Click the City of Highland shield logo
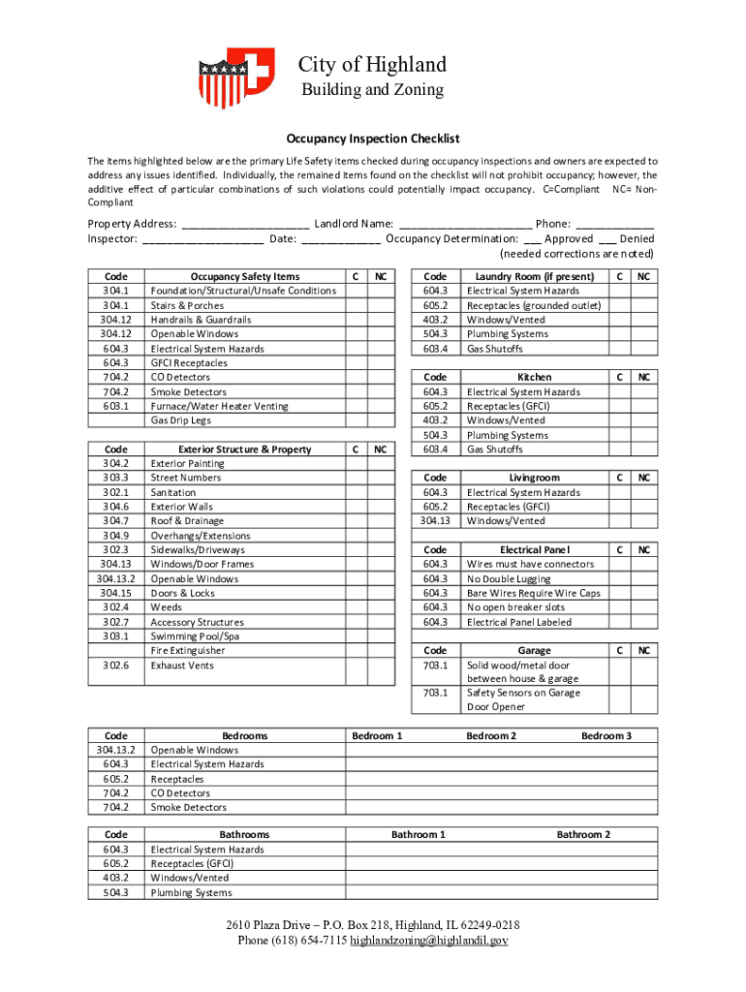[x=236, y=77]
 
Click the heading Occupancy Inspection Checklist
[x=372, y=139]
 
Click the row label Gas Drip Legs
[x=180, y=420]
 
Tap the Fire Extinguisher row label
[x=188, y=651]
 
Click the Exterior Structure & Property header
[x=245, y=449]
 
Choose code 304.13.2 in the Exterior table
[x=116, y=578]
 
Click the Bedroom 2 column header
[x=491, y=736]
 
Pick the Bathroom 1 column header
[x=419, y=834]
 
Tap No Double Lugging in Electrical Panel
[x=509, y=578]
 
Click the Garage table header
[x=534, y=650]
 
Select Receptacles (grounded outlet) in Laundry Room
[x=534, y=305]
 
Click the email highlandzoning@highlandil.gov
[x=429, y=941]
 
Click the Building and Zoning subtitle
[x=372, y=90]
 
